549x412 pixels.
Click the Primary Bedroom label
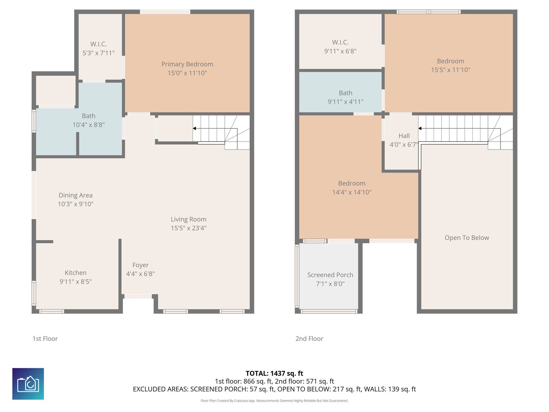point(187,64)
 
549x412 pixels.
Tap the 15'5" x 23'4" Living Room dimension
point(188,228)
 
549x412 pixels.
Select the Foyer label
point(140,265)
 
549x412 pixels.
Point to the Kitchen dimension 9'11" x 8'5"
point(76,282)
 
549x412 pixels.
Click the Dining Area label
point(76,195)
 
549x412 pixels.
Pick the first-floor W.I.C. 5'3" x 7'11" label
point(98,48)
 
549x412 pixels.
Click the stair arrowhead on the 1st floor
point(194,128)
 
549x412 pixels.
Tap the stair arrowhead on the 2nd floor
point(420,128)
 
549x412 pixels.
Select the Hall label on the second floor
point(404,136)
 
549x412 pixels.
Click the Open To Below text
point(467,238)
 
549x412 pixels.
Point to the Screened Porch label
point(330,275)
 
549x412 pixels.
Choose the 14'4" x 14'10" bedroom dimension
point(352,192)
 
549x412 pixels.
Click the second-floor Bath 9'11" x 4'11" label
point(346,97)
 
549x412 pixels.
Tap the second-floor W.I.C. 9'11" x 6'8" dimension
point(340,51)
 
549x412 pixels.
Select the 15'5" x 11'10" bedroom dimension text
point(450,70)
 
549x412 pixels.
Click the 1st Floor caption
point(45,339)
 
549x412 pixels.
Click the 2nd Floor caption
point(309,339)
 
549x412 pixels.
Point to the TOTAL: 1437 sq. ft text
point(274,373)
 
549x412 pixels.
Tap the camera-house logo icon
point(28,384)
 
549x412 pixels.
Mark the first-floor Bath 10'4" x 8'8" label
point(88,120)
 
